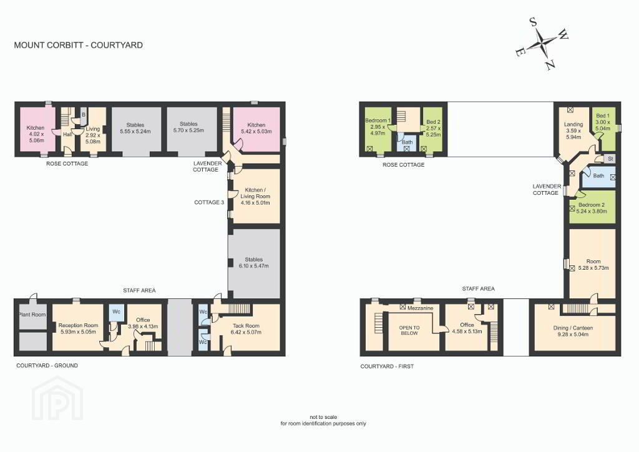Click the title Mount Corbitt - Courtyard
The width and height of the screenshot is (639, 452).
78,45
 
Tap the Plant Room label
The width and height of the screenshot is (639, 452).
32,315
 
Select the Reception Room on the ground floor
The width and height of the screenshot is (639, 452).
78,328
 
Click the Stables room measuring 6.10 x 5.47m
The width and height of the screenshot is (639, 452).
254,263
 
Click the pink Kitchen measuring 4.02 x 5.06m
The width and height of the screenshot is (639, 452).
35,131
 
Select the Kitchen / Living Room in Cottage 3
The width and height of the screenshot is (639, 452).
255,196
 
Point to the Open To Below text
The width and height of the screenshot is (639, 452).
409,330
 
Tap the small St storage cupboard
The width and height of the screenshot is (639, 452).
610,159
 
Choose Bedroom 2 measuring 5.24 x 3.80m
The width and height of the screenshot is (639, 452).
592,208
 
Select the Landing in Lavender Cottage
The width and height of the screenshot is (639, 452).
573,130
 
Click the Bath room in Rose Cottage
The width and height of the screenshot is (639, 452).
407,143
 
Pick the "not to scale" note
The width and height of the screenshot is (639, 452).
323,417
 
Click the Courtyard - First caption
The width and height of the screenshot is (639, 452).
387,366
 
